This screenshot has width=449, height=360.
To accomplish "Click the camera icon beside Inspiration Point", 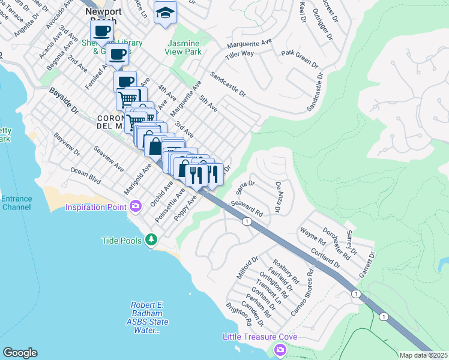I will (x=136, y=207).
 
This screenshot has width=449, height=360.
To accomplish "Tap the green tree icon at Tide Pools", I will (x=152, y=241).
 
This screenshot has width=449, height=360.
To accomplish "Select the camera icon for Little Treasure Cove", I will (x=279, y=350).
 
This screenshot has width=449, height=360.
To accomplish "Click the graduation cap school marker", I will (x=165, y=13).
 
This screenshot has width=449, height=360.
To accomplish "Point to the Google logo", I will (x=20, y=353).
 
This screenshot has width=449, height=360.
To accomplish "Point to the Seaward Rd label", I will (x=252, y=209).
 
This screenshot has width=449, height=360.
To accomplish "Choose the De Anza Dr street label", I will (x=278, y=197).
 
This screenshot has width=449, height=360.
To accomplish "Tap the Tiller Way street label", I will (x=240, y=53).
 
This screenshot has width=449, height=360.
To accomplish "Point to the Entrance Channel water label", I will (x=16, y=203).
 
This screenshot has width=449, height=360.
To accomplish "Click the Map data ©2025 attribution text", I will (x=423, y=355).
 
